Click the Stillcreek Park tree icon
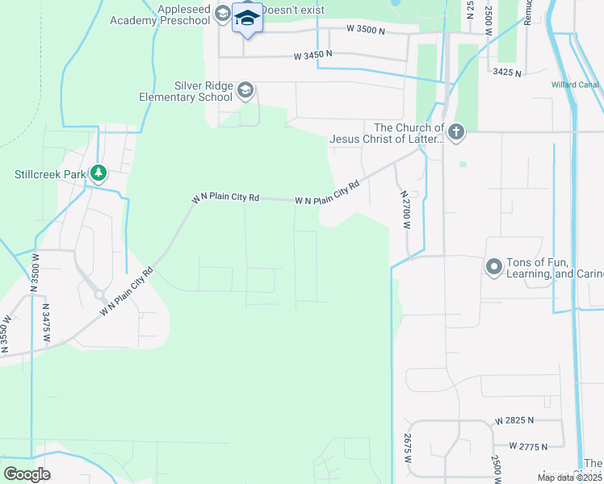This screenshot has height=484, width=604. (99, 173)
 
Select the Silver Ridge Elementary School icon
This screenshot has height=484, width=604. (246, 91)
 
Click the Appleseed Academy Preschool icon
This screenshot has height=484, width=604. (222, 15)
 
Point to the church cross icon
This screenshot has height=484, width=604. (456, 132)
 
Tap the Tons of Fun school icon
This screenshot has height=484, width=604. (494, 267)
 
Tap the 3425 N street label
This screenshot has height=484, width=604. (506, 73)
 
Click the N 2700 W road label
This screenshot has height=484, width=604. (406, 211)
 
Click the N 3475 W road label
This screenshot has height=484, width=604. (46, 324)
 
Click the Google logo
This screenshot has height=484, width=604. (27, 474)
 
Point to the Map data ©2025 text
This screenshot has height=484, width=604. (570, 478)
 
